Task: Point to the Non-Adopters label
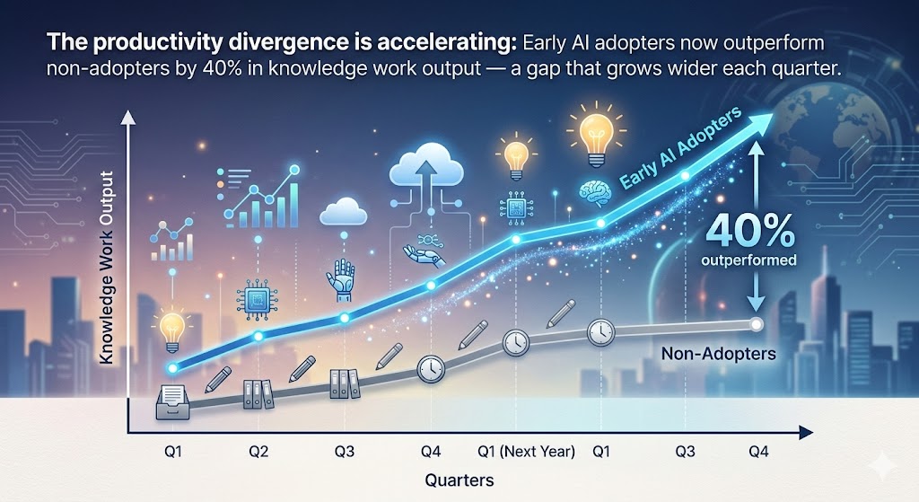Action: (718, 354)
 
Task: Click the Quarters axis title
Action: (459, 480)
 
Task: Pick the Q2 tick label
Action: (258, 451)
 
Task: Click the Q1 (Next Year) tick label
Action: (526, 451)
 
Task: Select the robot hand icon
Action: (344, 277)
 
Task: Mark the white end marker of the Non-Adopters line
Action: (757, 324)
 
